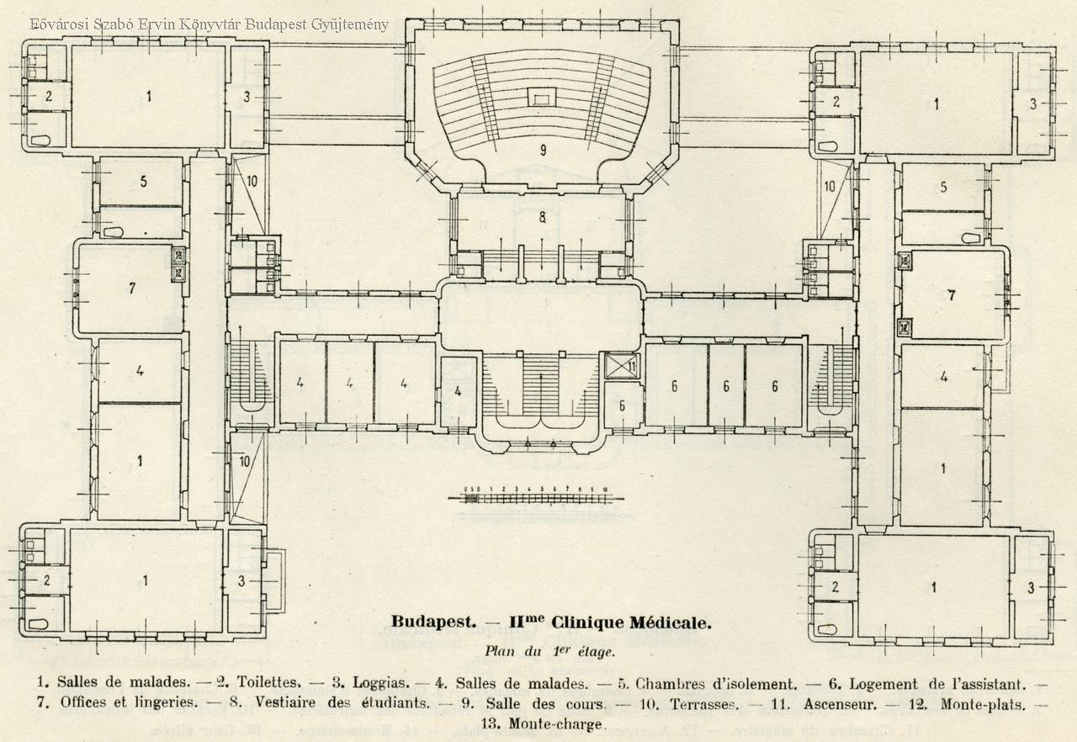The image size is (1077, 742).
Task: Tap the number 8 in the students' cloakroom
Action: coord(543,216)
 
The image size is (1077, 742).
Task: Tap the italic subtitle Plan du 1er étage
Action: coord(549,650)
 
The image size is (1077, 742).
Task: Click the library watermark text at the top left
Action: coord(209,24)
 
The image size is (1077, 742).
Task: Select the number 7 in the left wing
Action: coord(132,289)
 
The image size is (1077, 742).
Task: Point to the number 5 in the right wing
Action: coord(943,187)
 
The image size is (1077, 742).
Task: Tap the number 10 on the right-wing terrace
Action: coord(829,186)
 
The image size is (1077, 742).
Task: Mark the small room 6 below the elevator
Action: coord(623,405)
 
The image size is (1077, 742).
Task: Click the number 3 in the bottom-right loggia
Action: coord(1031,588)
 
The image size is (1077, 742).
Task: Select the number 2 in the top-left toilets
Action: coord(48,96)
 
